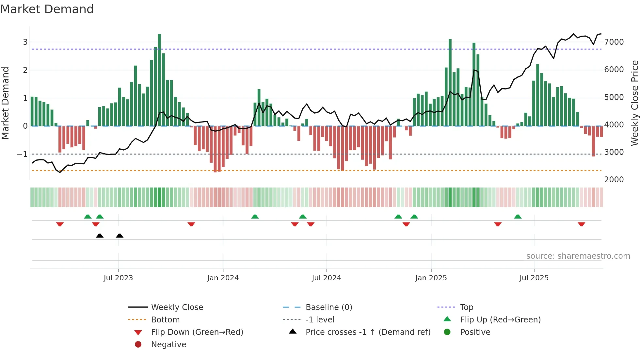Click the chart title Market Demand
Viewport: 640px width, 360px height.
coord(47,9)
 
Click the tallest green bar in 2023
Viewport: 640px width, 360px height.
coord(159,78)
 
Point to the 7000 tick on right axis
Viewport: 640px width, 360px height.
coord(614,42)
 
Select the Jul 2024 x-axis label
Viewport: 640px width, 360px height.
coord(326,278)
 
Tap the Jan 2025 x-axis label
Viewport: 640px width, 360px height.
coord(431,278)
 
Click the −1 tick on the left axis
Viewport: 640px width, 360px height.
coord(22,154)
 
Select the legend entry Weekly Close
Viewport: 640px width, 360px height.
coord(177,307)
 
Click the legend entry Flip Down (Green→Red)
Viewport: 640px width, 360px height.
coord(197,332)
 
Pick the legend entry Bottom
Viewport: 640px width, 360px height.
coord(165,320)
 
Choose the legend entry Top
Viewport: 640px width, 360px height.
coord(467,307)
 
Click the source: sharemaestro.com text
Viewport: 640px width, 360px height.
coord(578,256)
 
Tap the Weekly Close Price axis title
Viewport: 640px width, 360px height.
coord(634,103)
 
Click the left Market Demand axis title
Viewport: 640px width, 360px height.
coord(5,103)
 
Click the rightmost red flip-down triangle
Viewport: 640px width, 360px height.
coord(581,224)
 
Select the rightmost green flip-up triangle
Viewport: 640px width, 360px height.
coord(518,217)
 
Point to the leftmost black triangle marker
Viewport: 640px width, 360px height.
coord(100,236)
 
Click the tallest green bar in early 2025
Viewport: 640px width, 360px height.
coord(450,82)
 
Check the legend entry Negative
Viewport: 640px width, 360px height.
coord(168,345)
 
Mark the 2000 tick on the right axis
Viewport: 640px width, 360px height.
coord(614,179)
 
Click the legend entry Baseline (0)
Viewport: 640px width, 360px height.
coord(329,307)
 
